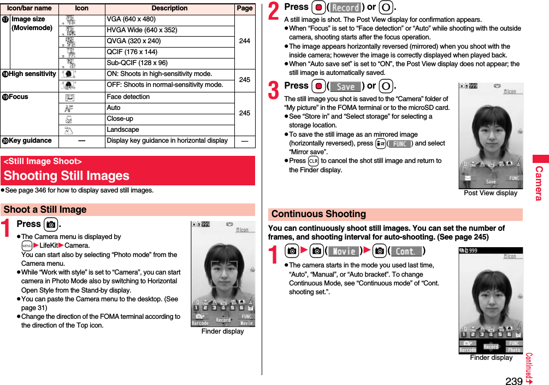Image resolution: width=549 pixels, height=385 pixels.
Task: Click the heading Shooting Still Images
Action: [67, 176]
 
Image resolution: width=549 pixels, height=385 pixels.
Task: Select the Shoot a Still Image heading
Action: [45, 210]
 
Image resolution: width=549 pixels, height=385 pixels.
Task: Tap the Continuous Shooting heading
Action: [318, 214]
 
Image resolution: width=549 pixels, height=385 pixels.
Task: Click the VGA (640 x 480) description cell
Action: [131, 19]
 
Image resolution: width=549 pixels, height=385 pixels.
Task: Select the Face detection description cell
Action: [128, 97]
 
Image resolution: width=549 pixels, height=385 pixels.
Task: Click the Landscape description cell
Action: [123, 130]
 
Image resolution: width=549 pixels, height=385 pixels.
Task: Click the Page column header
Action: [245, 8]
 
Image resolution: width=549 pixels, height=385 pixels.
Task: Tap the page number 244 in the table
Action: [245, 41]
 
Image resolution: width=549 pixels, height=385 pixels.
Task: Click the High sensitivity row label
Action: [32, 74]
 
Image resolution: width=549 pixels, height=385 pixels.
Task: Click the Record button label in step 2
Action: [346, 8]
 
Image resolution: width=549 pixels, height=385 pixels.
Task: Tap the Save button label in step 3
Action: [346, 86]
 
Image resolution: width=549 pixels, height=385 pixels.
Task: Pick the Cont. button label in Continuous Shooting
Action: [405, 252]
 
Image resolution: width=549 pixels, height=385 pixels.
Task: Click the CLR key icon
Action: [313, 161]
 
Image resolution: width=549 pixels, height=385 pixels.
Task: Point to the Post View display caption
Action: [490, 192]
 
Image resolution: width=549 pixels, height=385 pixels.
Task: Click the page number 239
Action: [513, 381]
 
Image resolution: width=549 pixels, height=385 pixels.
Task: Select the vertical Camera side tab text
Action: [540, 183]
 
